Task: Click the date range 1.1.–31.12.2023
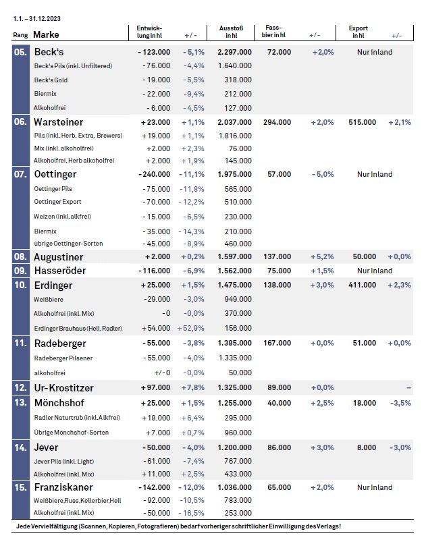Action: coord(36,18)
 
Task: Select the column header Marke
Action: coord(46,34)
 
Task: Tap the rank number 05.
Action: coord(20,52)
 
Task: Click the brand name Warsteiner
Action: coord(59,122)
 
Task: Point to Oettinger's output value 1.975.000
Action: coord(234,174)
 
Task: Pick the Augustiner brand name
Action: coord(59,257)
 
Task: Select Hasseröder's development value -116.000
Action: coord(154,271)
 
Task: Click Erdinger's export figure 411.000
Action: coord(363,285)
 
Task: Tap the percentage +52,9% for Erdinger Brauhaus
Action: coord(191,328)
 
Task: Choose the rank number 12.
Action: coord(20,387)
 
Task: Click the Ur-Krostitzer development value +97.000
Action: coord(156,387)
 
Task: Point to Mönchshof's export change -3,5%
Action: coord(401,403)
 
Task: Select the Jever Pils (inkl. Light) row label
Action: coord(64,462)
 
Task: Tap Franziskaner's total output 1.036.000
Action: coord(234,487)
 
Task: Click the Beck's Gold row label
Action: coord(51,80)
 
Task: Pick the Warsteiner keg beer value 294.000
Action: coord(277,122)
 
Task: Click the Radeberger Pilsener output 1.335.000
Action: coord(235,358)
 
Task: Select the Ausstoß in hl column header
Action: coord(231,32)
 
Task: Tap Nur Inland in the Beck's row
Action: coord(375,52)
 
